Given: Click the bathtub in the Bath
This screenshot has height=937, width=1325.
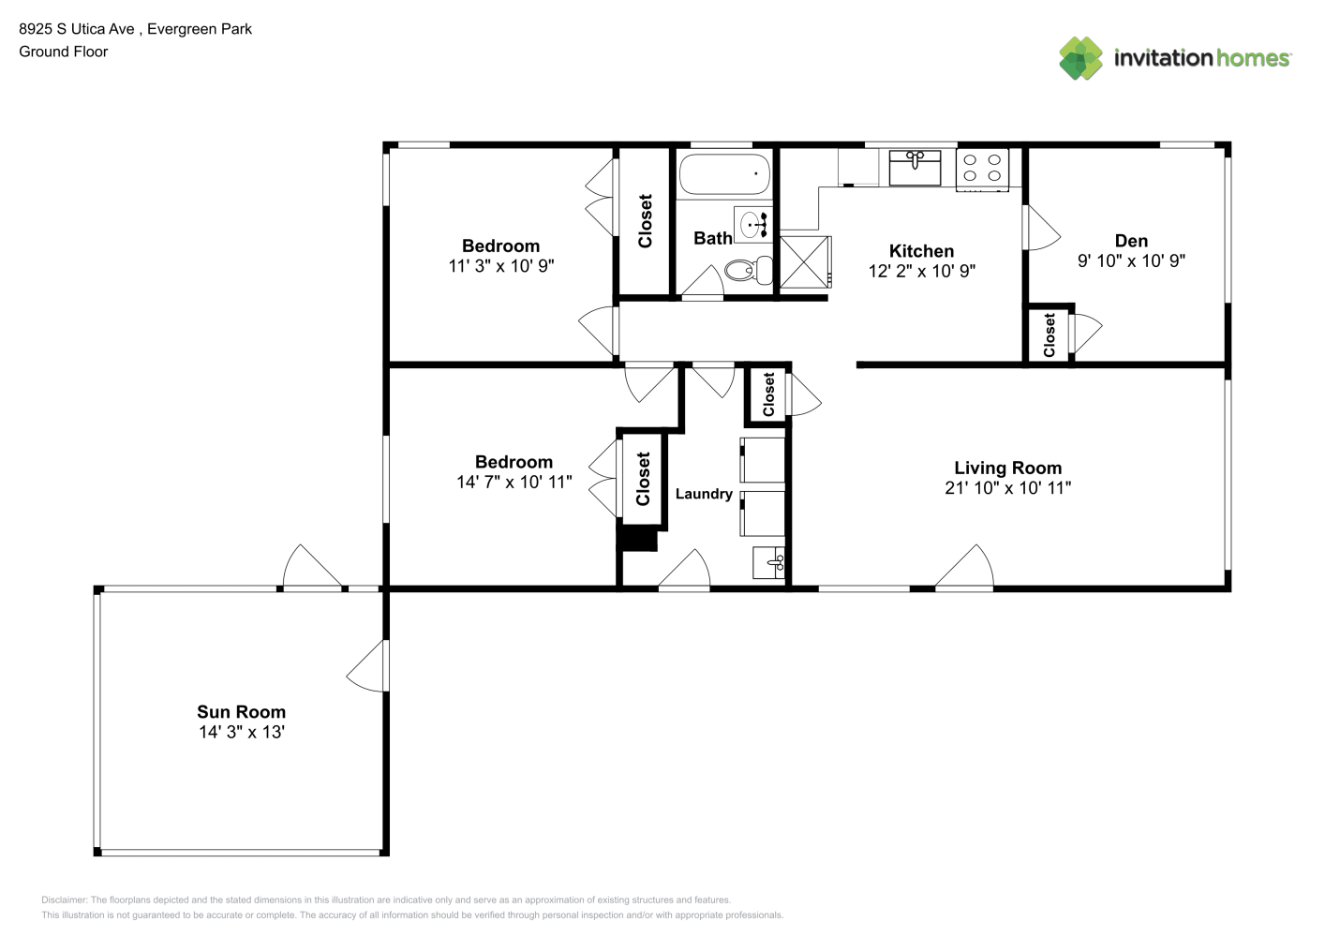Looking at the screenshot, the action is click(724, 174).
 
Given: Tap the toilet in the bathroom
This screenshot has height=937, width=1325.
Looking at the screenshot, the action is click(749, 270).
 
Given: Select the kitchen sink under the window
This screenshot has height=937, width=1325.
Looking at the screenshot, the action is click(915, 168).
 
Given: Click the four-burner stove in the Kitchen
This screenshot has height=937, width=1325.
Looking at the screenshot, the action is click(982, 170).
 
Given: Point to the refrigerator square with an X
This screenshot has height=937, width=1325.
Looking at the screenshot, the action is click(806, 262).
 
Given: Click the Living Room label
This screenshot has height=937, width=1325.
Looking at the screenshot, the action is click(1007, 468).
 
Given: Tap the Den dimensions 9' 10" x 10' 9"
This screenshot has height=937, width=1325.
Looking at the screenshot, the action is click(1131, 260).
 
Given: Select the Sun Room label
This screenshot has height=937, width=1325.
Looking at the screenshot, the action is click(242, 711).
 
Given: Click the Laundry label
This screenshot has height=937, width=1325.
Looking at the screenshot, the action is click(704, 494).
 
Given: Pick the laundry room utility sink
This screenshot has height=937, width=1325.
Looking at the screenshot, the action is click(768, 562).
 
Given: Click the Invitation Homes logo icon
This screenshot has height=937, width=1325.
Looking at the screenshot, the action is click(1080, 58).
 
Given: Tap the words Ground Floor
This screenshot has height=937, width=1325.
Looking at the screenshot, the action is click(64, 52).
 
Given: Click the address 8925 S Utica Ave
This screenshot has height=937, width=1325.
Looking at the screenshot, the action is click(76, 29).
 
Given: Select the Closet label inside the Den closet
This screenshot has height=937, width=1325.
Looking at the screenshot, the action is click(1050, 335).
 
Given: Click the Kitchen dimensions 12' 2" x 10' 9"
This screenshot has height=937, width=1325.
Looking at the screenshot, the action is click(921, 271).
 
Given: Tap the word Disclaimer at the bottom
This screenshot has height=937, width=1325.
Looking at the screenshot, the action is click(64, 900).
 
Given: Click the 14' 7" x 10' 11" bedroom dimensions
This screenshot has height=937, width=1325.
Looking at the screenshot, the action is click(514, 483).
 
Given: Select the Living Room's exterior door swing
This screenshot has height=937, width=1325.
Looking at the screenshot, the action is click(964, 567).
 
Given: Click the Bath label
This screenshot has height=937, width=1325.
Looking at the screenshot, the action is click(713, 238).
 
